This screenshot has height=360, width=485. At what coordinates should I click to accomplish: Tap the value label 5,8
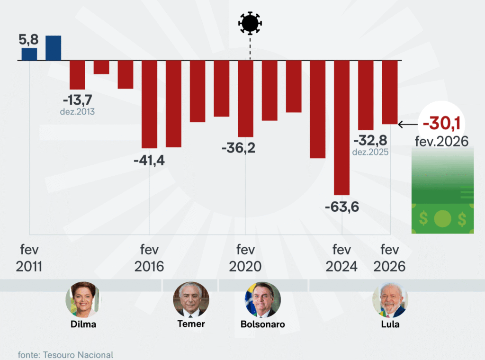pos(29,40)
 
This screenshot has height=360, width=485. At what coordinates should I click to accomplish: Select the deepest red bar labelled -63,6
pos(341,128)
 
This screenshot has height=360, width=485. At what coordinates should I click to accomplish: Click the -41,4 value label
pos(149,161)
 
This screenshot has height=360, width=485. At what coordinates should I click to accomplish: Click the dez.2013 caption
pos(78,112)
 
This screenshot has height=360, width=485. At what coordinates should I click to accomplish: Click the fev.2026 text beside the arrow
pos(441,141)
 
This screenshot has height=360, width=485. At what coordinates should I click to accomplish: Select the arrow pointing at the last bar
pos(407,125)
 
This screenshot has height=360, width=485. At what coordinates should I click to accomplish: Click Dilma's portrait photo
pos(83,299)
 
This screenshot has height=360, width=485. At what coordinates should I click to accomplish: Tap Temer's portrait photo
pos(191,299)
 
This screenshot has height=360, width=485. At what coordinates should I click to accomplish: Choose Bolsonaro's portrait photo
pos(263,299)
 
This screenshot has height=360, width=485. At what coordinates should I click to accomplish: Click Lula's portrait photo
pos(390,299)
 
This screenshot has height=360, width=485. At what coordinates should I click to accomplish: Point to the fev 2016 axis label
pos(149,258)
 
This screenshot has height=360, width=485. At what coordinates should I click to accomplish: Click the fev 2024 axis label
pos(341,258)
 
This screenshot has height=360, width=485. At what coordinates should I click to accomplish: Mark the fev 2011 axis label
pos(29,258)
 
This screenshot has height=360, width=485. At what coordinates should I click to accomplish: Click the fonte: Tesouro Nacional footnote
pos(66,354)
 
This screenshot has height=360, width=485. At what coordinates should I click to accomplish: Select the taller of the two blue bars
pos(53,48)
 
